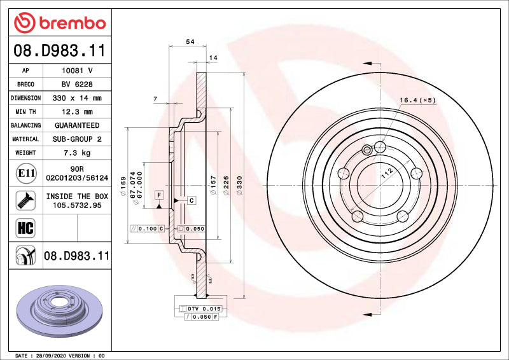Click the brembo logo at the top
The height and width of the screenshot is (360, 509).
(x=60, y=23)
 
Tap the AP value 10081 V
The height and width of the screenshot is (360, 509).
(x=77, y=71)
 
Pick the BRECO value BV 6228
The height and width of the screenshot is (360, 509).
(x=77, y=84)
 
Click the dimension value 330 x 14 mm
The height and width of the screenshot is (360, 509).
(x=77, y=98)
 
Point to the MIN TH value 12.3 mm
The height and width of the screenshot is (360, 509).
(x=77, y=112)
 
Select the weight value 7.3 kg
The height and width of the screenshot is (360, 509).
(x=77, y=153)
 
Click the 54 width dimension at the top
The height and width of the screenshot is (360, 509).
(x=190, y=41)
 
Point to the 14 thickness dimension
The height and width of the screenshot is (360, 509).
(x=213, y=58)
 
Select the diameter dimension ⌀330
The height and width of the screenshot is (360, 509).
(x=240, y=185)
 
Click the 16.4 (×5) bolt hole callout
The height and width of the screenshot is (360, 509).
(x=417, y=100)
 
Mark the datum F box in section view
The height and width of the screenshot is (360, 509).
(x=158, y=194)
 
